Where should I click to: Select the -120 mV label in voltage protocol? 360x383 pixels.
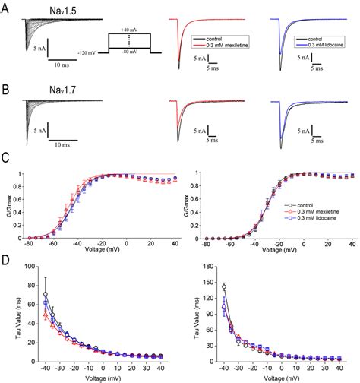[x=90, y=52]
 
